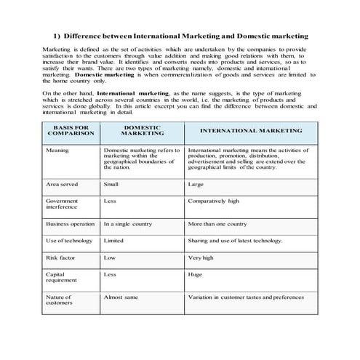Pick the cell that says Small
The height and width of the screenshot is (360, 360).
[112, 185]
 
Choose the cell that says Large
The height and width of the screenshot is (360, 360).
[196, 185]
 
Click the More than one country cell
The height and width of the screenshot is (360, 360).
[217, 224]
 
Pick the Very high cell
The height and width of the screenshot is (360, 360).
[201, 257]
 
